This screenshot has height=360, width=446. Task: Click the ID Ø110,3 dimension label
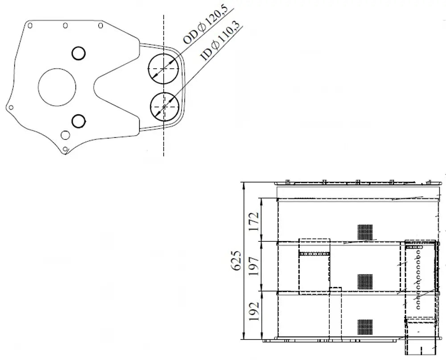[220, 41]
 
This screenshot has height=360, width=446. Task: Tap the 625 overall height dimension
[237, 261]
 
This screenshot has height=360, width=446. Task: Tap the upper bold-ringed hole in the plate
[78, 53]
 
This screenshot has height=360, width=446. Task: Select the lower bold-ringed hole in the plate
[79, 121]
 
